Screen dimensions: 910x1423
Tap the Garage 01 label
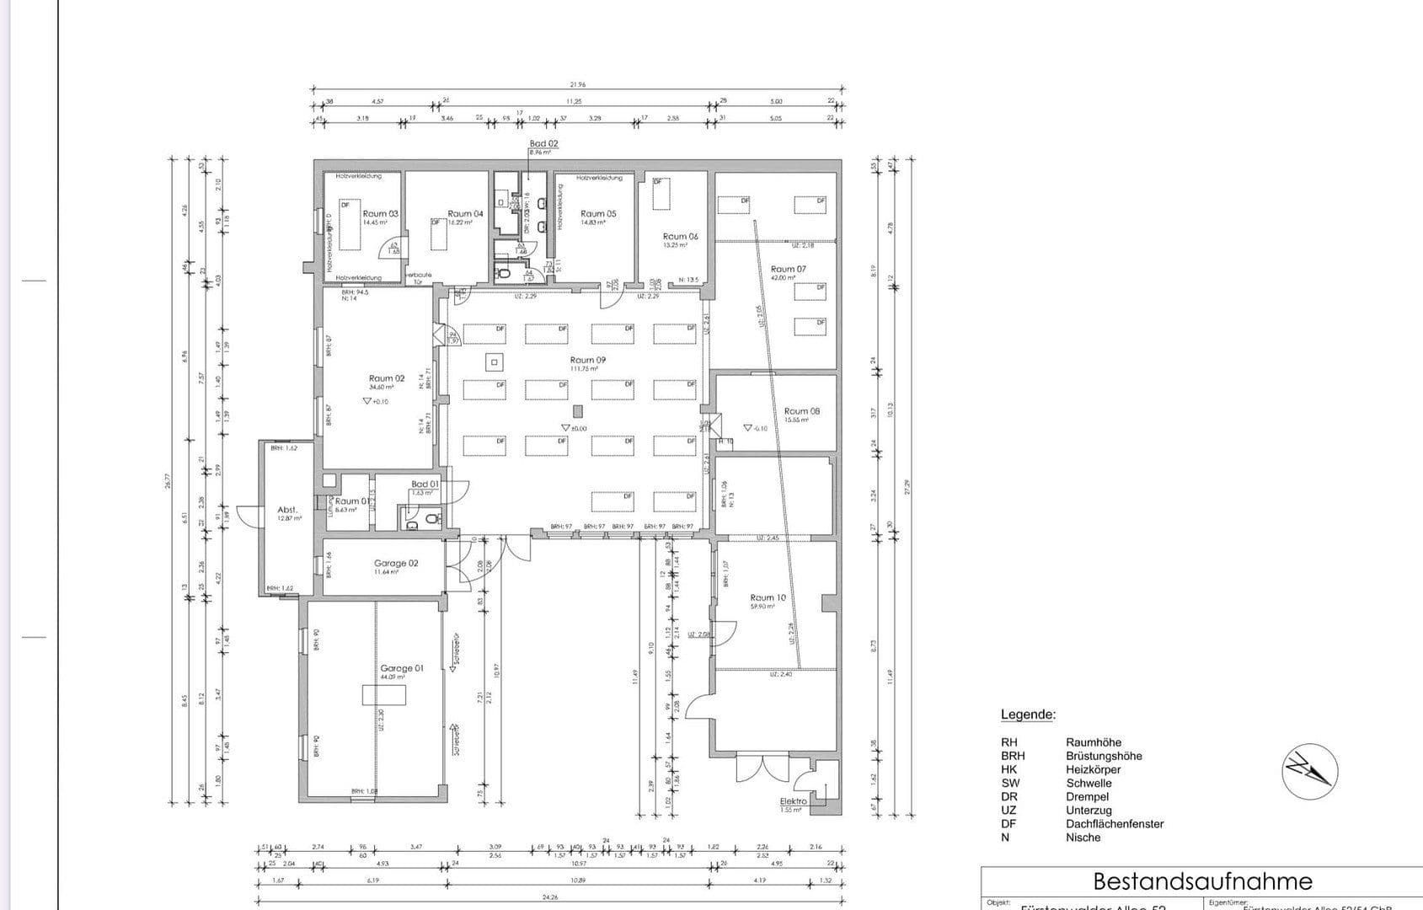(x=402, y=668)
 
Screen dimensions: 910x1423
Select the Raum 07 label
(x=788, y=270)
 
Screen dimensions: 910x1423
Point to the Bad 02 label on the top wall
(x=543, y=144)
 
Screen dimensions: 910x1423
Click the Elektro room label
(x=793, y=801)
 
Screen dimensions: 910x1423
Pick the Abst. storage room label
(x=287, y=510)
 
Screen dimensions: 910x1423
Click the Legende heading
(x=1027, y=715)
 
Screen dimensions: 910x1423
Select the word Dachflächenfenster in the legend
(x=1114, y=823)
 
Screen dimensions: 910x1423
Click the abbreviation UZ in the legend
(x=1008, y=810)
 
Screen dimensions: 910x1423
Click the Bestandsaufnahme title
(x=1202, y=881)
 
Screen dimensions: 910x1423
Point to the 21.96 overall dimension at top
(x=578, y=84)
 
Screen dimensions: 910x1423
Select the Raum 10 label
(x=768, y=597)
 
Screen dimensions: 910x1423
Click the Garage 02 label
(x=396, y=564)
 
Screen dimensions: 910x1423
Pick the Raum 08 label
(x=801, y=411)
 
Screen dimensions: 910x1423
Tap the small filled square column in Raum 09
(x=577, y=411)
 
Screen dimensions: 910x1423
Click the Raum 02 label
(x=386, y=378)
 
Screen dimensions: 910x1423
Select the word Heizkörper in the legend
(x=1093, y=769)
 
